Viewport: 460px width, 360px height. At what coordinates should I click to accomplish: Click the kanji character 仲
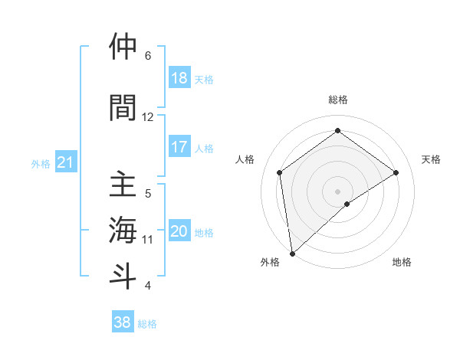point(123,47)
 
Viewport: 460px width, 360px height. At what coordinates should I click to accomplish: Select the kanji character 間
point(123,106)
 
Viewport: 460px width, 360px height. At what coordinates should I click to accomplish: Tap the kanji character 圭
point(123,186)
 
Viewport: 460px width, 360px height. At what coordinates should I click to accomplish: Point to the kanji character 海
point(123,230)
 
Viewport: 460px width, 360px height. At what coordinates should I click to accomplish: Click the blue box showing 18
point(179,78)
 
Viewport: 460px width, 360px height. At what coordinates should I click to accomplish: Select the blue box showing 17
point(179,147)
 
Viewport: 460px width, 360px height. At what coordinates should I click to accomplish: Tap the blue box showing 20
point(179,231)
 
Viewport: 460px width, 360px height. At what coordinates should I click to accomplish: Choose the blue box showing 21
point(66,163)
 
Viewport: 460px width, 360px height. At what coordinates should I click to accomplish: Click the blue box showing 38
point(123,322)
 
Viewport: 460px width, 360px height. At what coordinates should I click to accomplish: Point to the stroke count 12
point(148,116)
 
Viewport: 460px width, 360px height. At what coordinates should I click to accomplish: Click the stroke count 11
point(148,239)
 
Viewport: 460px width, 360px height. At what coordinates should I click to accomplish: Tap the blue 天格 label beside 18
point(204,79)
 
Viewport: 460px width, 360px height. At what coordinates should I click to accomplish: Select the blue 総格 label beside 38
point(147,324)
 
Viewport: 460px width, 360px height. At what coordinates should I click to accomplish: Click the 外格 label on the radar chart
point(270,262)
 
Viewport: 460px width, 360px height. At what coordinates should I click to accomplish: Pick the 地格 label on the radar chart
point(402,262)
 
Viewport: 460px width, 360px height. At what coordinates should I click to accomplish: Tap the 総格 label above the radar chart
point(337,100)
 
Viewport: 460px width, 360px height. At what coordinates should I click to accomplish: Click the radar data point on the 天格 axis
point(396,172)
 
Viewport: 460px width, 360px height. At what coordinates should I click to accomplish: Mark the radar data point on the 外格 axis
point(291,253)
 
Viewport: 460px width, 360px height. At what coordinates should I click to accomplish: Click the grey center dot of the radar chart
point(337,191)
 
